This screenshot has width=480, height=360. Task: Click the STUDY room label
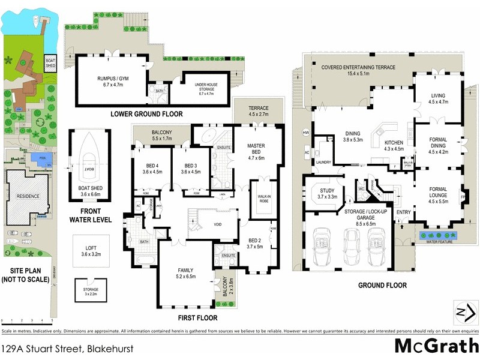[x=322, y=193]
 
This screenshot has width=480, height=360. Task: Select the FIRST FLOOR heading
[x=197, y=317]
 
